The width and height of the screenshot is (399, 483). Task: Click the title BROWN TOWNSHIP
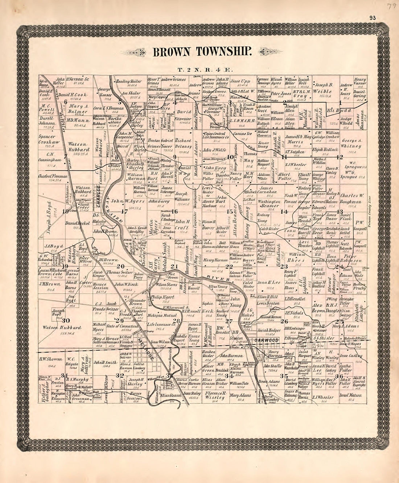coord(202,52)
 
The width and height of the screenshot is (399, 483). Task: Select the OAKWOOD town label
coord(266,340)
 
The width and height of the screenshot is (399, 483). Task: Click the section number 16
coord(174,211)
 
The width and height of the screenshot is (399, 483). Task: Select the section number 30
coord(66,320)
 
